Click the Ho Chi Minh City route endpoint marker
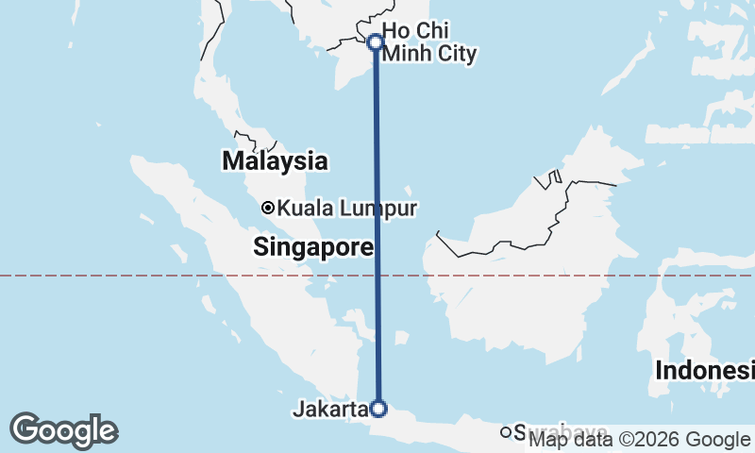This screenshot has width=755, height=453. tap(375, 42)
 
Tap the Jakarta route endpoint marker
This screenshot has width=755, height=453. tap(378, 409)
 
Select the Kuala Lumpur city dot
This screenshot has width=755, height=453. tap(268, 208)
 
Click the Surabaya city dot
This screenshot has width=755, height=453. tap(506, 432)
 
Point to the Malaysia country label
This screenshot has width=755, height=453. tap(275, 161)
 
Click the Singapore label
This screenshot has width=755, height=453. tap(313, 248)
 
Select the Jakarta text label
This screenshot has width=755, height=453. tap(329, 410)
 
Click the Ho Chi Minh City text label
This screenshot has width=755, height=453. tap(428, 43)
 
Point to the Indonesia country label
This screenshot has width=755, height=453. tap(705, 370)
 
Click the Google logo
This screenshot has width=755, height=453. tap(63, 430)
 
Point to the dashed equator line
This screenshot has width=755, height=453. tap(142, 276)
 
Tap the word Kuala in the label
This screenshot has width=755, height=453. tap(306, 208)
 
